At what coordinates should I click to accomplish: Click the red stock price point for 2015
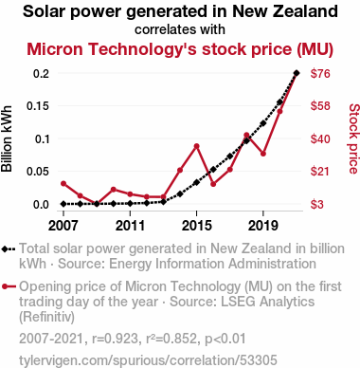(x=196, y=146)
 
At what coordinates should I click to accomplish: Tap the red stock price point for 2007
(x=63, y=183)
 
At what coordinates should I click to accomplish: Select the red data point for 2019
(x=263, y=154)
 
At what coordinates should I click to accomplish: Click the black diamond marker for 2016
(x=213, y=170)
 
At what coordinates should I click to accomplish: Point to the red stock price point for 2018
(x=246, y=135)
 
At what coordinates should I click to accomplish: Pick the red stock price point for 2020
(x=279, y=111)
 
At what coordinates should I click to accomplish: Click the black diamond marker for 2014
(x=180, y=193)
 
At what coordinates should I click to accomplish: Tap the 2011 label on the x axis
(x=130, y=226)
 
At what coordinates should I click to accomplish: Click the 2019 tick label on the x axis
(x=263, y=226)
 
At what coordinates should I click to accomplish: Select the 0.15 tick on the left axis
(x=38, y=106)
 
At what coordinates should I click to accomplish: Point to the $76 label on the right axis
(x=320, y=73)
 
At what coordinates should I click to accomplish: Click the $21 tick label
(x=320, y=172)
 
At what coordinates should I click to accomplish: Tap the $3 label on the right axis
(x=317, y=204)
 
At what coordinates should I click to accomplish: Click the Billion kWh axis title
(x=7, y=138)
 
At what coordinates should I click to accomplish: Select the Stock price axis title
(x=354, y=138)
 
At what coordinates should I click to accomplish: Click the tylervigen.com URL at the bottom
(x=148, y=360)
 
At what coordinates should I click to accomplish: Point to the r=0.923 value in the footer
(x=115, y=339)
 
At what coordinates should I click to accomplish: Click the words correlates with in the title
(x=180, y=29)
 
